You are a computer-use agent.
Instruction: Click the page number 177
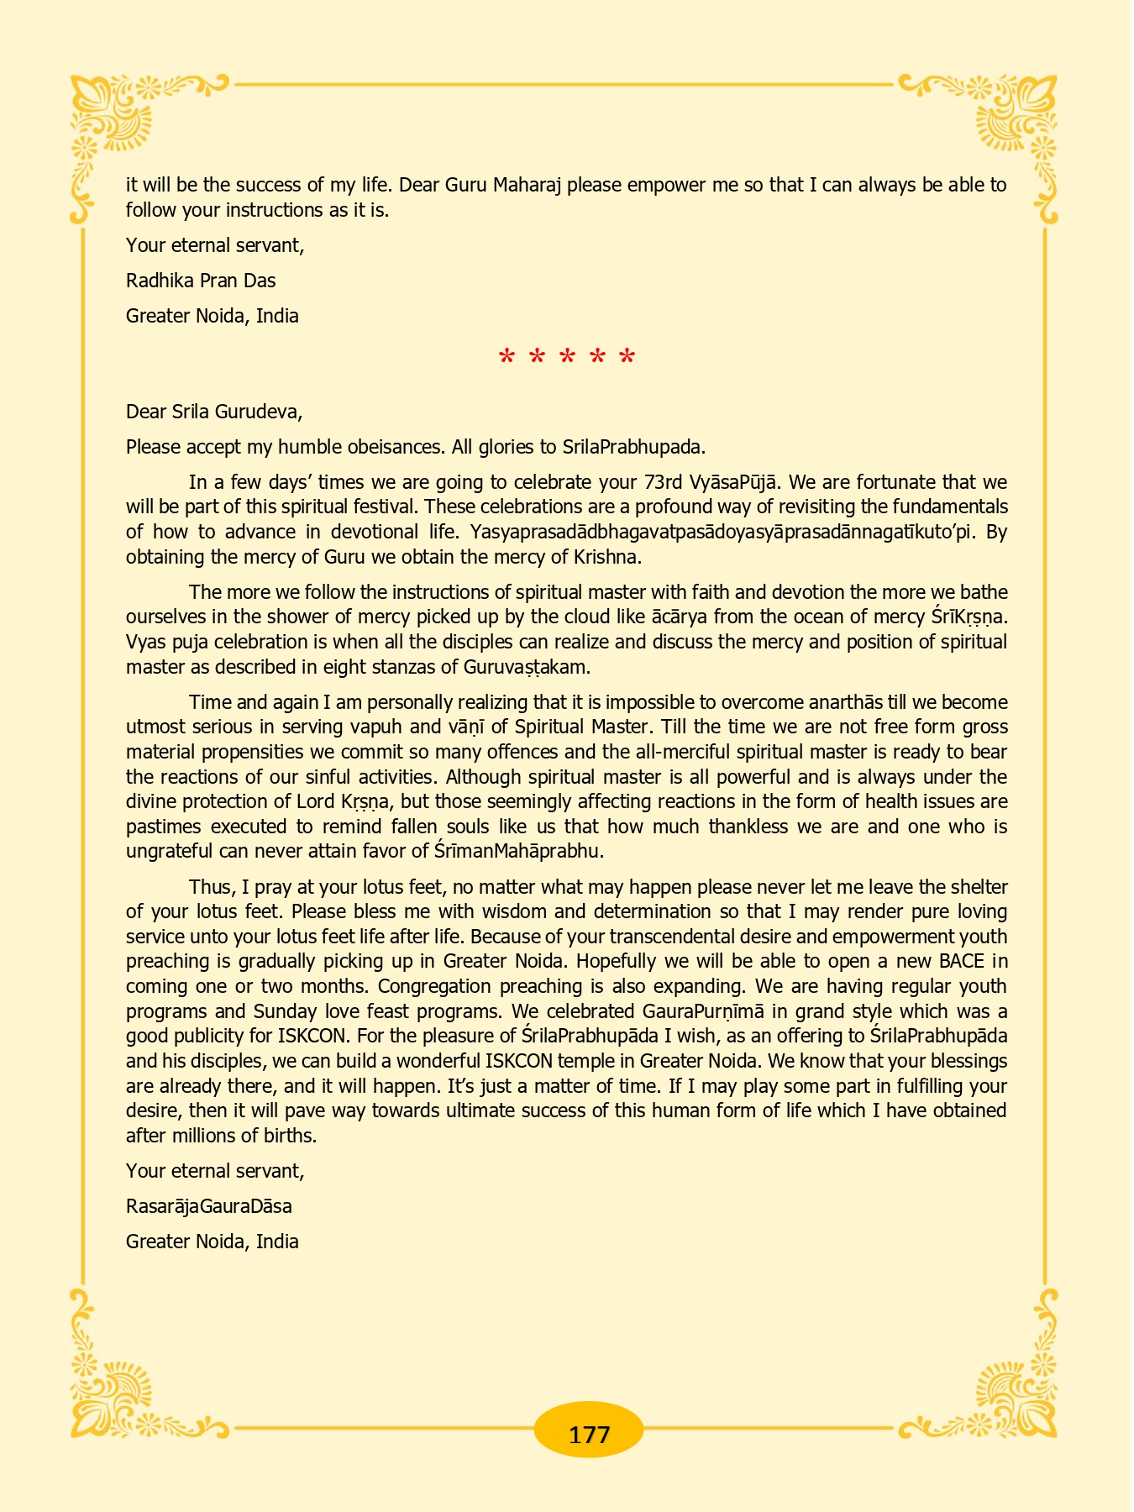click(x=589, y=1434)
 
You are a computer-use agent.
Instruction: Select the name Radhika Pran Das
click(x=201, y=281)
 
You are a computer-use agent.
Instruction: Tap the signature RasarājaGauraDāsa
click(x=209, y=1206)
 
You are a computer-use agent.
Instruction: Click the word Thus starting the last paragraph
click(x=208, y=887)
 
